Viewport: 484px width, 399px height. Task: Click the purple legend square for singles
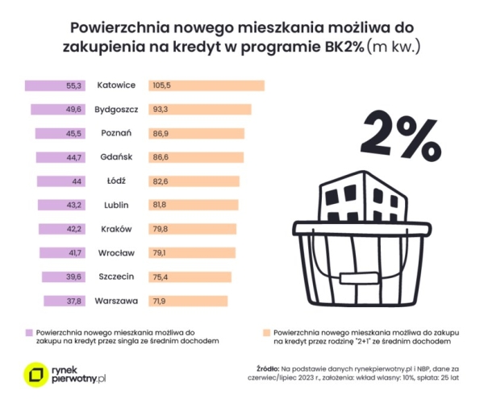click(28, 331)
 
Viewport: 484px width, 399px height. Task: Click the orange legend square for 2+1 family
click(265, 331)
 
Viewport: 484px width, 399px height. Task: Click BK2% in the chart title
click(339, 46)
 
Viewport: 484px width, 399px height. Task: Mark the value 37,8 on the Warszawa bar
click(74, 301)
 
